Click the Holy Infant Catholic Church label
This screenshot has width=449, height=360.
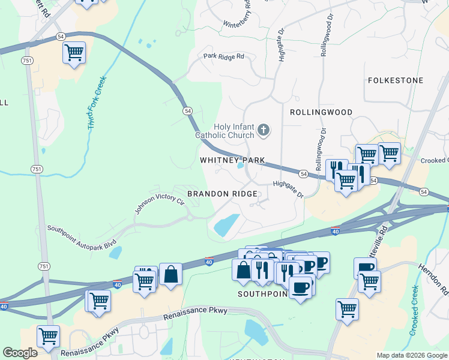[x=225, y=131]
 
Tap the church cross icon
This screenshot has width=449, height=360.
[x=263, y=130]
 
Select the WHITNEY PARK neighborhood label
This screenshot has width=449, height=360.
[x=232, y=160]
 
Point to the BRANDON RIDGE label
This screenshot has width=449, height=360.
[x=222, y=194]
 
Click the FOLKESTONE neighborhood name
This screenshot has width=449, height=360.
[x=395, y=80]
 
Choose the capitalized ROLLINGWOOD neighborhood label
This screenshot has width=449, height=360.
[x=321, y=112]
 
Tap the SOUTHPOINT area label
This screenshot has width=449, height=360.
[x=264, y=294]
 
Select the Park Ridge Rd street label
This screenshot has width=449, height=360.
[x=223, y=56]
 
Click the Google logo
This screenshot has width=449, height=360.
[x=20, y=353]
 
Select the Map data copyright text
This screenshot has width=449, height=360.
[x=412, y=355]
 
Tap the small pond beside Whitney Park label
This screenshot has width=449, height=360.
[x=241, y=166]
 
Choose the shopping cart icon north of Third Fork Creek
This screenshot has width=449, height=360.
[x=74, y=53]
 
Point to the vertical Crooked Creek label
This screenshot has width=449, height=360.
[x=414, y=311]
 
